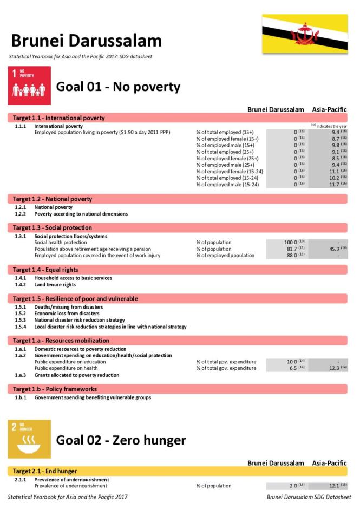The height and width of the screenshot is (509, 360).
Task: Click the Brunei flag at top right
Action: [305, 34]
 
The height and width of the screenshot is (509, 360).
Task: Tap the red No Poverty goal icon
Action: [29, 86]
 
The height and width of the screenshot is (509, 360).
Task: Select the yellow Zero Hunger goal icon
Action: [29, 439]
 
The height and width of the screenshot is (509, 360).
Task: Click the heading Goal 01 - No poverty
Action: [118, 87]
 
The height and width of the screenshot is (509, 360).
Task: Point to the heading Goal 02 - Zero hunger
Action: [121, 440]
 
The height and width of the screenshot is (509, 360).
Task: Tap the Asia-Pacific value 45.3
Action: [335, 249]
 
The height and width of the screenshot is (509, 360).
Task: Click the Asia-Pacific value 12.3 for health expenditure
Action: [335, 368]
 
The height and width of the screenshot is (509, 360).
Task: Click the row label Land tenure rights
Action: [55, 285]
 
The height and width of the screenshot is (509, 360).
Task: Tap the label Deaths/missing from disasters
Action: [67, 307]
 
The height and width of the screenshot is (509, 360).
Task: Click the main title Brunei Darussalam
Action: [86, 41]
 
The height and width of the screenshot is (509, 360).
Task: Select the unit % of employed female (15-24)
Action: [230, 172]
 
